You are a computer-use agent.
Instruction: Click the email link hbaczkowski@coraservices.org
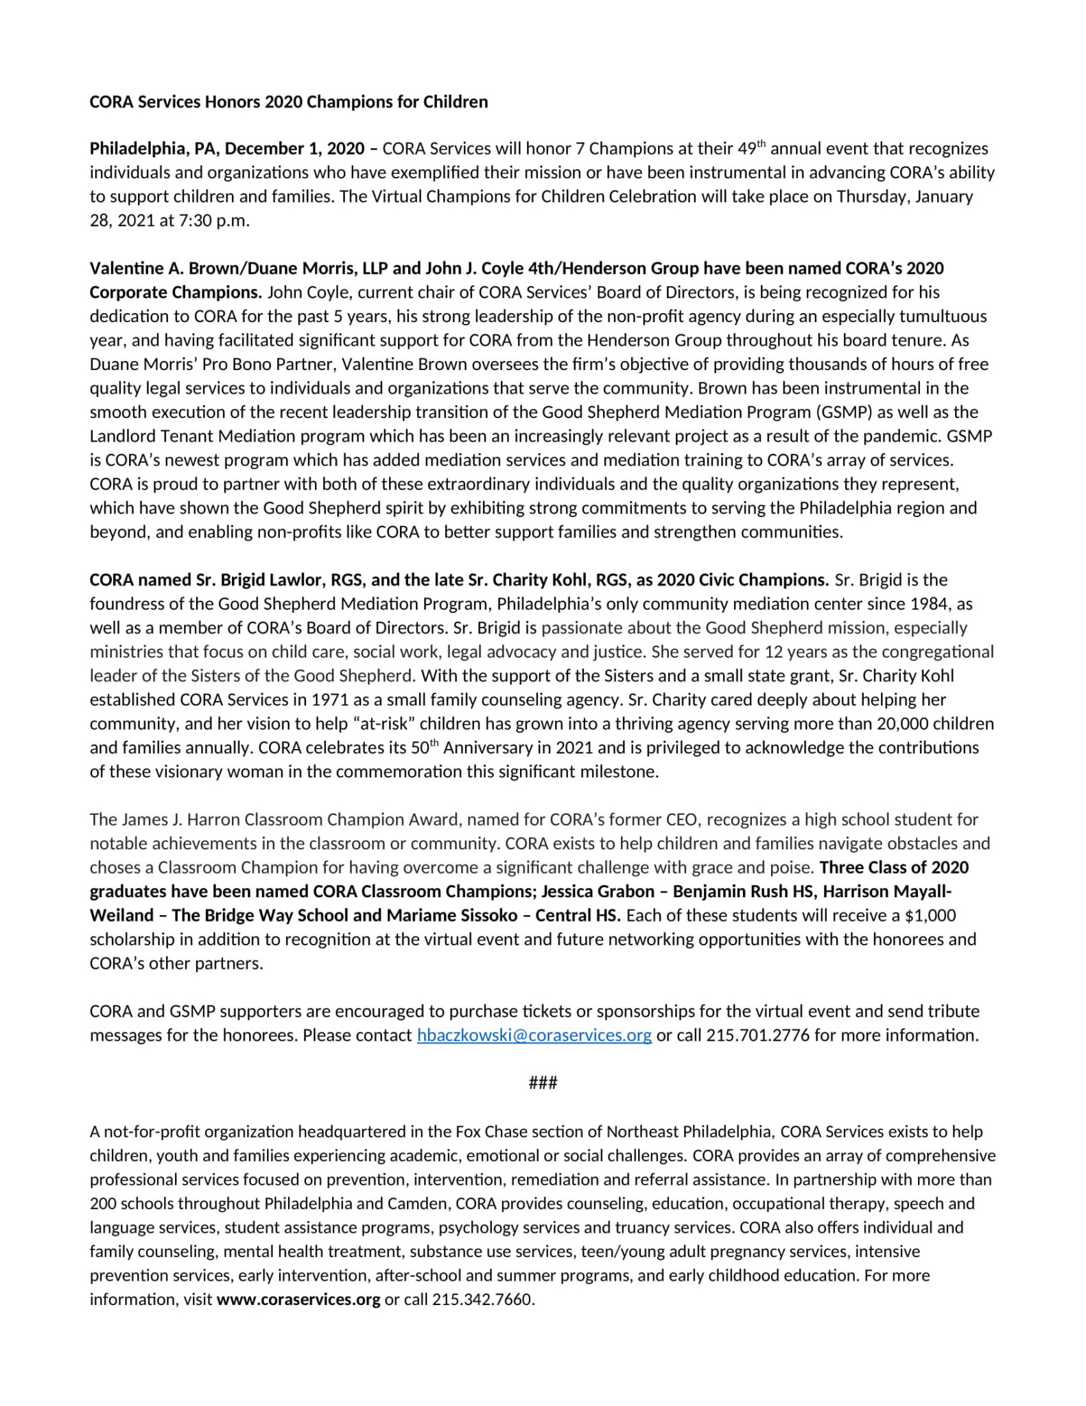[534, 1035]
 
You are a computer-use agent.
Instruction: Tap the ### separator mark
[543, 1083]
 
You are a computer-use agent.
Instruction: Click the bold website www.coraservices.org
[298, 1300]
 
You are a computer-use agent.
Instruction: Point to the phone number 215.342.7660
[482, 1300]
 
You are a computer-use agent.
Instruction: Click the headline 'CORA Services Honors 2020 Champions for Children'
[289, 102]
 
